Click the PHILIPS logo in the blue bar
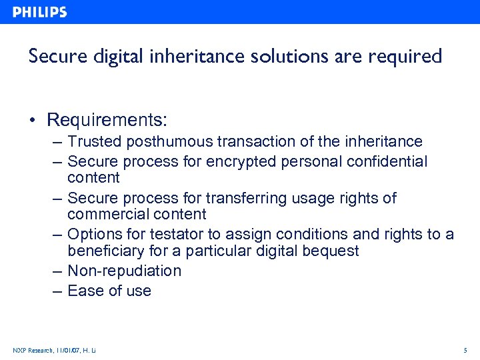[39, 12]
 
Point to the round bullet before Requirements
[33, 121]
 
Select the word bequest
[331, 251]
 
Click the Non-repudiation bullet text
[124, 271]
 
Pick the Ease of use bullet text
[109, 291]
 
